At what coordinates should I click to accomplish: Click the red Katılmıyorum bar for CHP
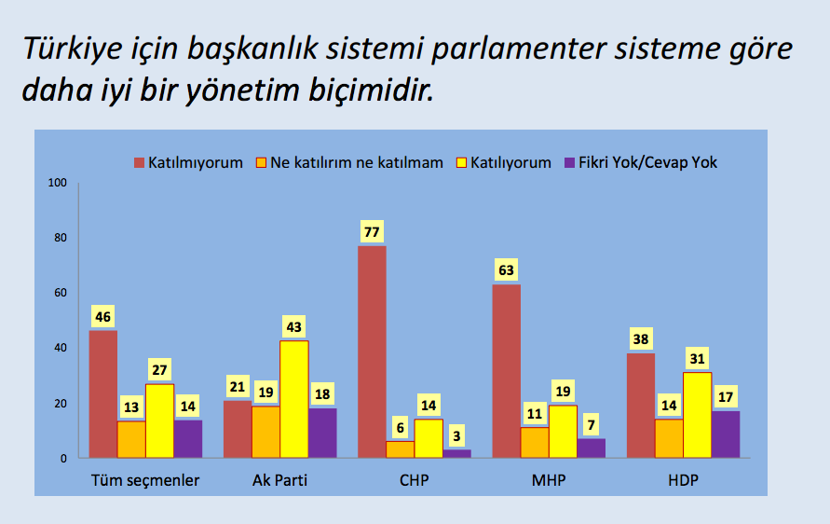click(372, 352)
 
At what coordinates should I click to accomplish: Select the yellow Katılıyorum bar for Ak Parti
click(294, 399)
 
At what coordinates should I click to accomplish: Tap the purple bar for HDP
click(726, 434)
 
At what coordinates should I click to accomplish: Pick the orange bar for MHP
click(534, 442)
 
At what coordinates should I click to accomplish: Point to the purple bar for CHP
click(456, 453)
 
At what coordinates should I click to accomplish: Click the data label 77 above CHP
click(372, 232)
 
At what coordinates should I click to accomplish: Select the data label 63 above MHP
click(506, 271)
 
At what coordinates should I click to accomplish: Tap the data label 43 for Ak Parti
click(294, 327)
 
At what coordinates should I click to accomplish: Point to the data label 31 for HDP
click(697, 359)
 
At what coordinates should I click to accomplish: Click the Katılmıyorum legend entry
click(189, 162)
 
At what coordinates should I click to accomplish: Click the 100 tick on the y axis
click(59, 183)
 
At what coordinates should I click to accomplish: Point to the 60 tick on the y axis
click(61, 293)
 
